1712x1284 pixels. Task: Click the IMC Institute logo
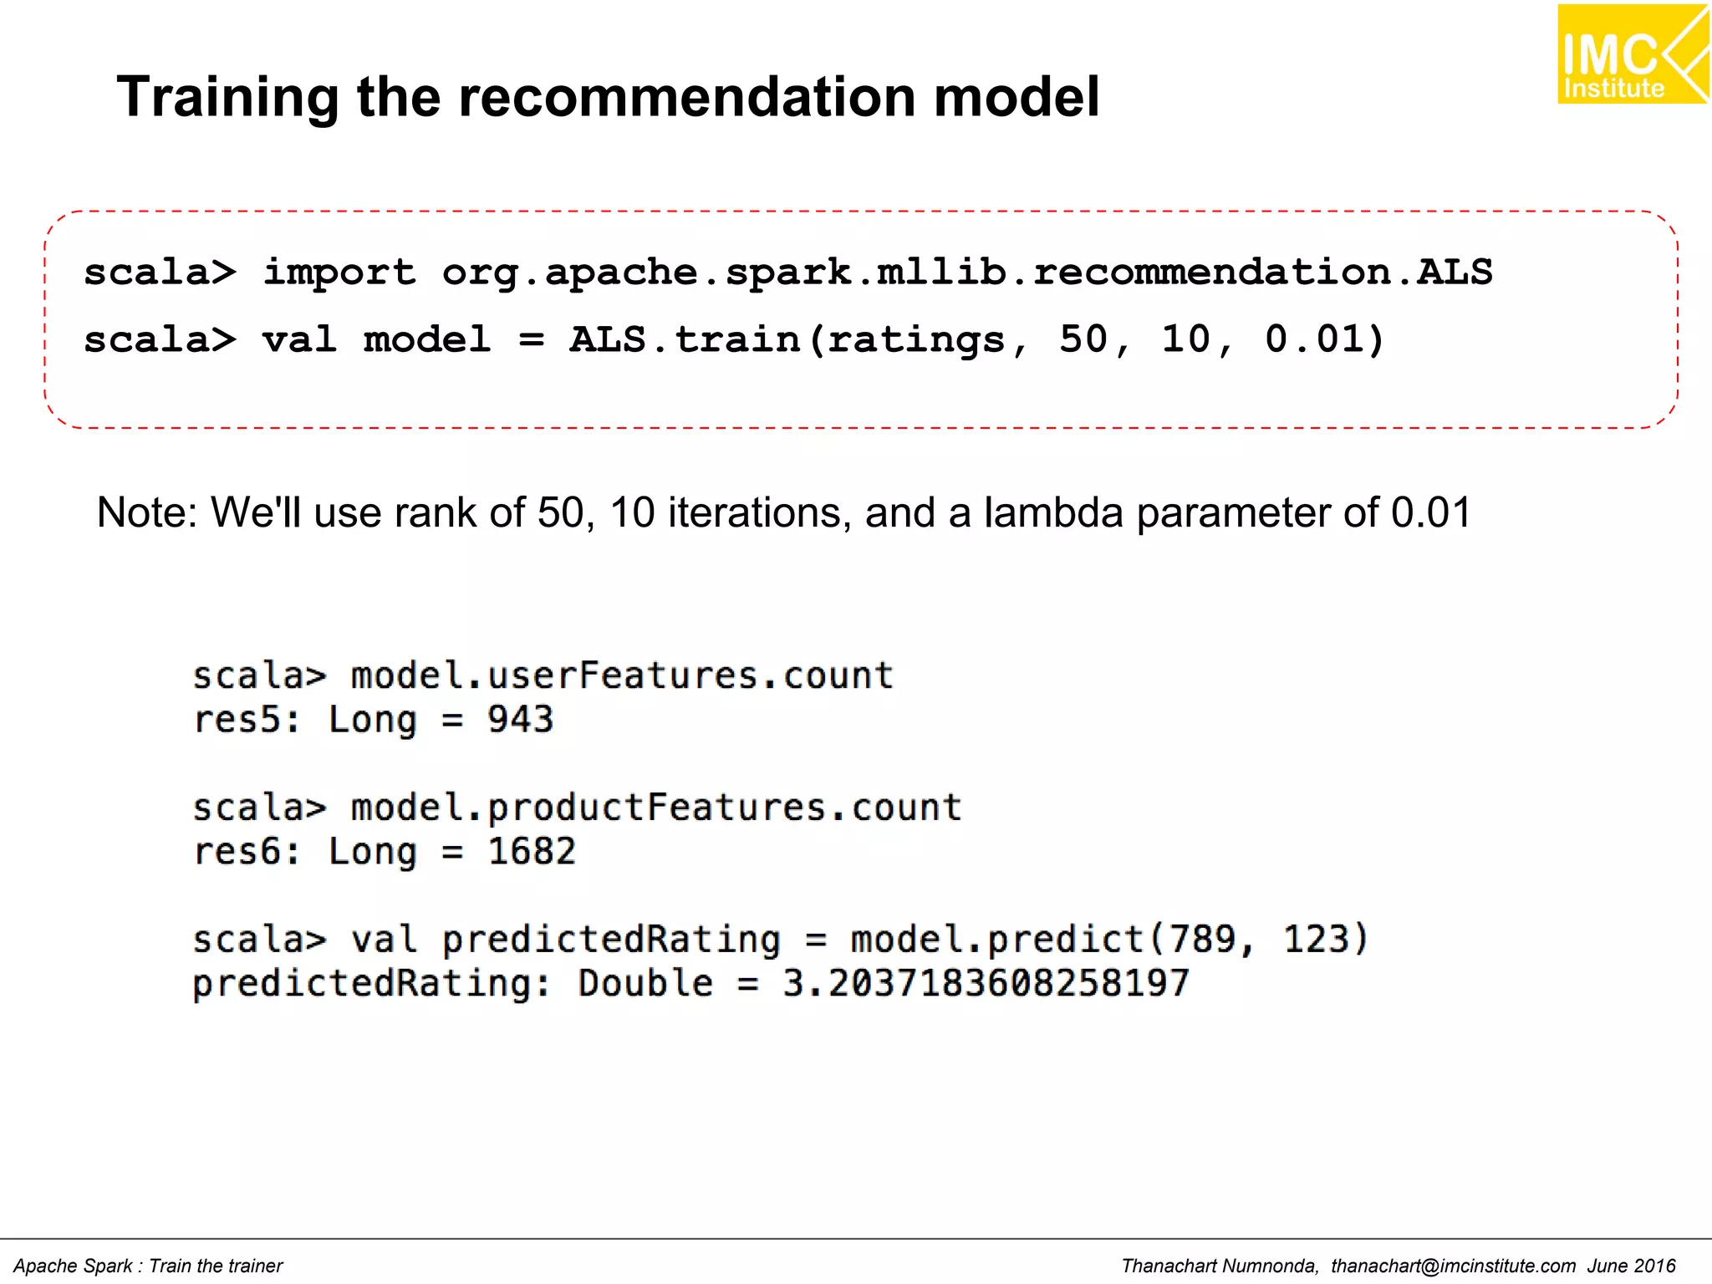[1632, 54]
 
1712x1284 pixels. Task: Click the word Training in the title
[227, 97]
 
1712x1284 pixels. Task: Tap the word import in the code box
[339, 273]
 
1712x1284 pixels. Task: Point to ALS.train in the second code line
[685, 339]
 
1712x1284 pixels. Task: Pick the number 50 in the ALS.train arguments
[1084, 339]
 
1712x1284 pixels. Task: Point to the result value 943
[520, 720]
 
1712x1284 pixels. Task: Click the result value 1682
[532, 852]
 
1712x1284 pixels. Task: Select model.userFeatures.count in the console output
[622, 675]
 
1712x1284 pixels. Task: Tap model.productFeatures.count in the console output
[656, 808]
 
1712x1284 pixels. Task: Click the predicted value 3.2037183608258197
[986, 983]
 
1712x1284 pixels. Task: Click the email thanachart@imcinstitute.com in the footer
[1453, 1266]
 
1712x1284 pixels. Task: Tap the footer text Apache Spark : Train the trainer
[149, 1266]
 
